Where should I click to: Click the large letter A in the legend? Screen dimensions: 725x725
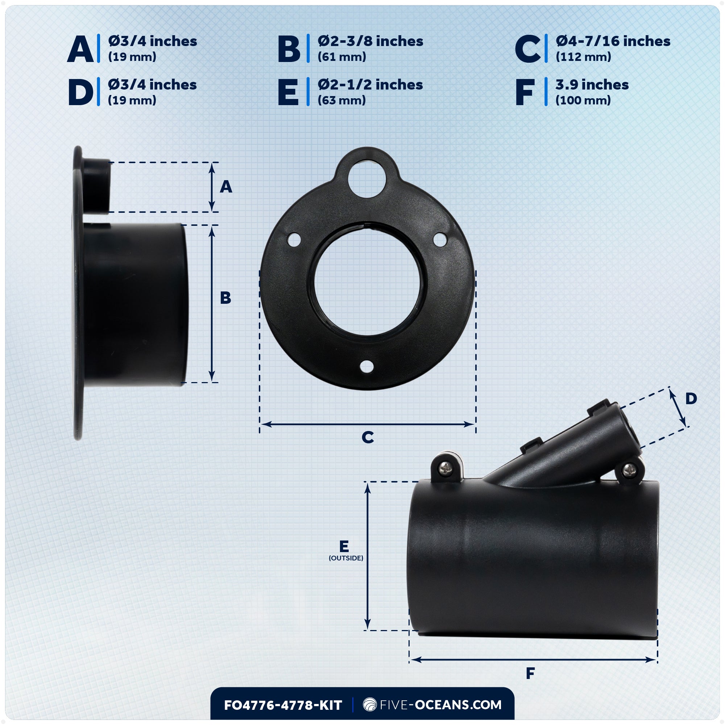(x=80, y=49)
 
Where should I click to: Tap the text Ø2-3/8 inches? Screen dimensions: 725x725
(x=370, y=41)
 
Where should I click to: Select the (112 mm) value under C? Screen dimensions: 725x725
(x=583, y=57)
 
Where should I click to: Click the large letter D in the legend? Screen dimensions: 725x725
(x=81, y=92)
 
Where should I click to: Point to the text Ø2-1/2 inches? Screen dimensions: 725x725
(x=370, y=85)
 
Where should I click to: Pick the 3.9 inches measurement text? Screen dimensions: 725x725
(x=592, y=85)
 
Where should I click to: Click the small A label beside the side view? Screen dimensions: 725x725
(x=226, y=186)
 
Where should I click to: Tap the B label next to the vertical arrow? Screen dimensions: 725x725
(x=225, y=298)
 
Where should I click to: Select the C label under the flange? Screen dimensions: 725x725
(x=368, y=437)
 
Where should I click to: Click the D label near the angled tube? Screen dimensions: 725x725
(x=691, y=398)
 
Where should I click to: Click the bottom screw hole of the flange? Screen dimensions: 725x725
(x=366, y=366)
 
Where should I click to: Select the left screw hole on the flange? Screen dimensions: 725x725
(x=294, y=240)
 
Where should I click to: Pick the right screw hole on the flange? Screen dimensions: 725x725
(x=440, y=239)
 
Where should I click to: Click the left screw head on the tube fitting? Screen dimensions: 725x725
(x=446, y=468)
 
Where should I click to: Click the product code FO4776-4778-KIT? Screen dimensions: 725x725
(x=283, y=705)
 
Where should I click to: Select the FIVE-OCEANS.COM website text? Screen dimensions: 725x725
(x=432, y=705)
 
